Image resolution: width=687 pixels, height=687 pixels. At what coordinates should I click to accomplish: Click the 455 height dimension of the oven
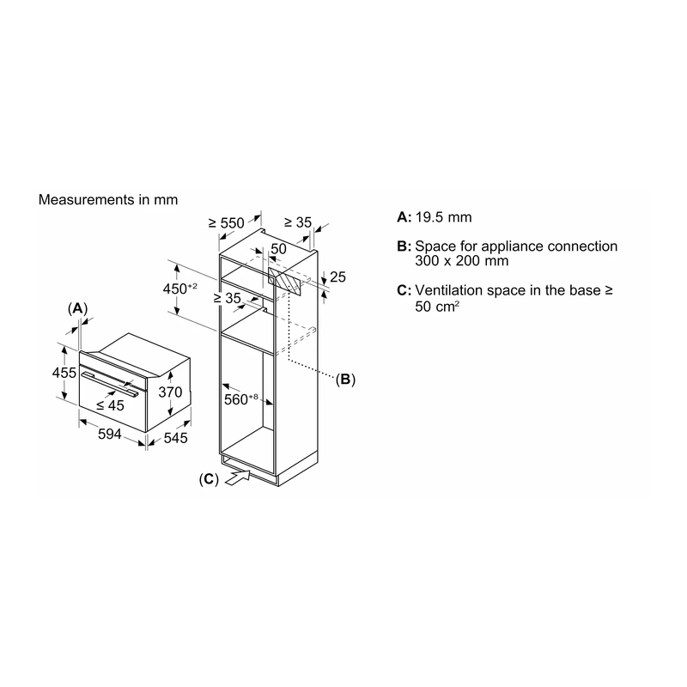(64, 373)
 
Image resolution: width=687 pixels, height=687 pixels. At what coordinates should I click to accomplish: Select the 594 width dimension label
(110, 435)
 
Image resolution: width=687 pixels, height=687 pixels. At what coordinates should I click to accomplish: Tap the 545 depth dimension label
(175, 438)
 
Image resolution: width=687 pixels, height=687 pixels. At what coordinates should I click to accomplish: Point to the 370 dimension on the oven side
(170, 392)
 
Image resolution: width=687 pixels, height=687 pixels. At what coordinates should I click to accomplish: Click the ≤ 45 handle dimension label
(111, 405)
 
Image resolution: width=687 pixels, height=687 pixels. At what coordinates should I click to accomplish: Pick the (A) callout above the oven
(77, 309)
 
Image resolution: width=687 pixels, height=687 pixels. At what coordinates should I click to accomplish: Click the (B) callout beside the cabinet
(345, 379)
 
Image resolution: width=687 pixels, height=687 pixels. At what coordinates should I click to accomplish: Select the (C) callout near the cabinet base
(209, 479)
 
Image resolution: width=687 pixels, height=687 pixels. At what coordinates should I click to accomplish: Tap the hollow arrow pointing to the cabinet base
(238, 477)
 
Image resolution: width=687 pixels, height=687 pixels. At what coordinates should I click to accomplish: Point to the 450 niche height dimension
(179, 289)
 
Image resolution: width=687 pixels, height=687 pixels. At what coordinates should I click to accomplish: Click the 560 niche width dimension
(241, 399)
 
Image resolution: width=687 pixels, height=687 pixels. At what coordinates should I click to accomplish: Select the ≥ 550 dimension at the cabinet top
(226, 223)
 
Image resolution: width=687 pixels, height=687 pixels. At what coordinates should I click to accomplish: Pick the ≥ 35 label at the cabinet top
(297, 222)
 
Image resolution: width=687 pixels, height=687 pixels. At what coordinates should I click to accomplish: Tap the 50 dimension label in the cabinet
(278, 249)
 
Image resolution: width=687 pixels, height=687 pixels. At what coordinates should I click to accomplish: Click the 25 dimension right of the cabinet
(337, 277)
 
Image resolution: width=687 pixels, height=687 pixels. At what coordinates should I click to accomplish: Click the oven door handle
(112, 384)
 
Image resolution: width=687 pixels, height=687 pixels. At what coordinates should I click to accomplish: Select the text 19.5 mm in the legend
(443, 217)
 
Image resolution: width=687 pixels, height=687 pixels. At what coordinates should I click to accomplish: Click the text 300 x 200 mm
(462, 261)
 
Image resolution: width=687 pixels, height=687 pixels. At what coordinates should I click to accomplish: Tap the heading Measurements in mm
(108, 200)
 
